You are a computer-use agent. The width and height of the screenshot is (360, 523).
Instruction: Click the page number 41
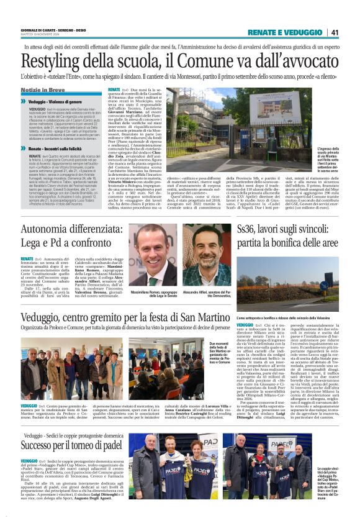click(x=335, y=32)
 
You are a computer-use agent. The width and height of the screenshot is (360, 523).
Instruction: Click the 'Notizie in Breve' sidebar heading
click(x=44, y=90)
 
